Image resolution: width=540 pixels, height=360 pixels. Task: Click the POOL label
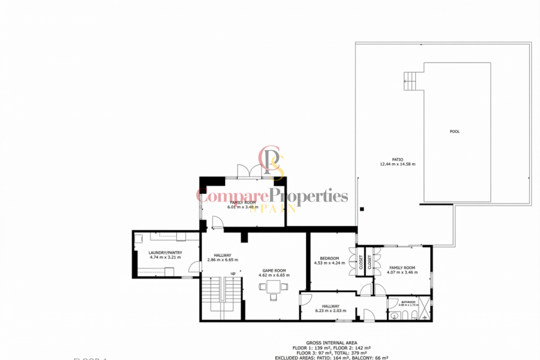pyautogui.click(x=455, y=131)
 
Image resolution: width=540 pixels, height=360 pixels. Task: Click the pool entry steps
pyautogui.click(x=409, y=81)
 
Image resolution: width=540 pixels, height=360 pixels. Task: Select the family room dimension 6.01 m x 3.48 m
pyautogui.click(x=243, y=207)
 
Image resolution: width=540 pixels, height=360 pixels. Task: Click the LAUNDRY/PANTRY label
pyautogui.click(x=165, y=253)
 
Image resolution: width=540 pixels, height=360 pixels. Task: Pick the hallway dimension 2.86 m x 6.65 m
pyautogui.click(x=223, y=260)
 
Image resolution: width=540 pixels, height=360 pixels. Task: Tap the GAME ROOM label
pyautogui.click(x=274, y=271)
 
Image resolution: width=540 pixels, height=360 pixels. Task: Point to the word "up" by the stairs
pyautogui.click(x=233, y=274)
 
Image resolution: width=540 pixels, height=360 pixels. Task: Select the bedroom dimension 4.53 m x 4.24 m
pyautogui.click(x=329, y=263)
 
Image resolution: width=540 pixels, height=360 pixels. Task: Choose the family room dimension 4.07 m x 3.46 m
pyautogui.click(x=402, y=272)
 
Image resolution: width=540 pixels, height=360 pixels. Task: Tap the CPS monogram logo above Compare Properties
pyautogui.click(x=271, y=162)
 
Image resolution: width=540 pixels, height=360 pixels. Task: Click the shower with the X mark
pyautogui.click(x=425, y=308)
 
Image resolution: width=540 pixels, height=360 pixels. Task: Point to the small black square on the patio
pyautogui.click(x=362, y=209)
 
